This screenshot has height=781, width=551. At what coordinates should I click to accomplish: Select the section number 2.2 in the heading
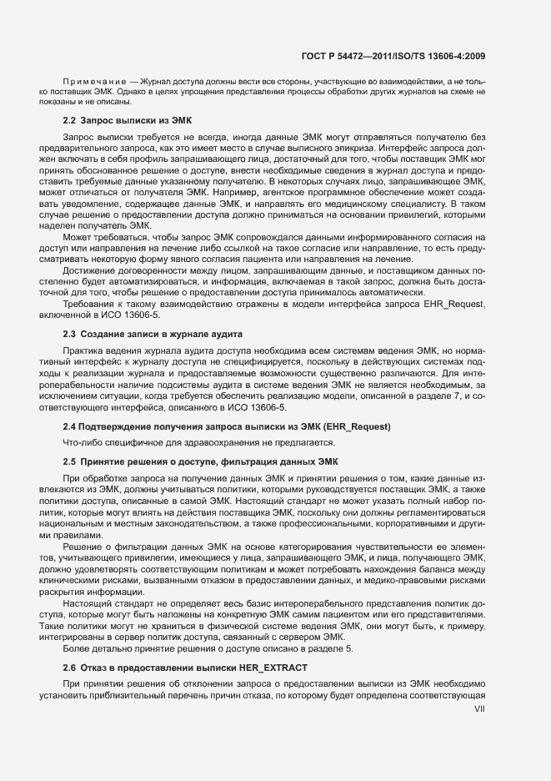click(x=70, y=121)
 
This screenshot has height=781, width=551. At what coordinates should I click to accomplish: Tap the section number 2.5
click(x=70, y=461)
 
